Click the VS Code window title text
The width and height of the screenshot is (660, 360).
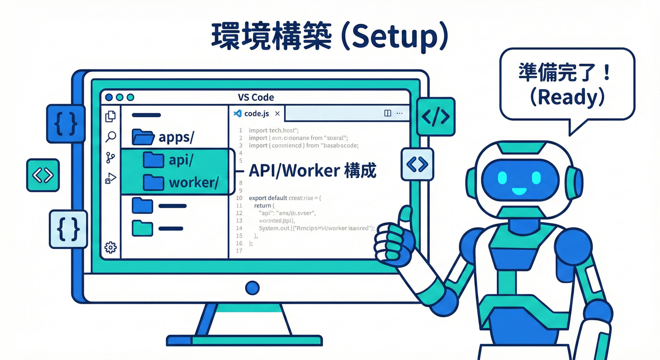point(256,97)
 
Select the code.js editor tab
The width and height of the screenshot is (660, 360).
point(256,113)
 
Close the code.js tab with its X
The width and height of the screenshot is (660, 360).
point(277,113)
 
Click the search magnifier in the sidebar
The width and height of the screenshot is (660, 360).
point(111,137)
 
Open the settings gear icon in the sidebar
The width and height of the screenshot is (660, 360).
point(111,247)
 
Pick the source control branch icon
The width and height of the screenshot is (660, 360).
point(111,157)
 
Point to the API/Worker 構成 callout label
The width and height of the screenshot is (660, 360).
point(312,171)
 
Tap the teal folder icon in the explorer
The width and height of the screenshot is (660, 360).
point(142,228)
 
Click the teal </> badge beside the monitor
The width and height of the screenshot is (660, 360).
point(435,116)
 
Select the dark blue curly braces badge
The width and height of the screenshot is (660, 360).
point(66,124)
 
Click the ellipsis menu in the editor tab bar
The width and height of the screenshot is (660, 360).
point(399,113)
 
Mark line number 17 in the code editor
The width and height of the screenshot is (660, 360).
point(239,251)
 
